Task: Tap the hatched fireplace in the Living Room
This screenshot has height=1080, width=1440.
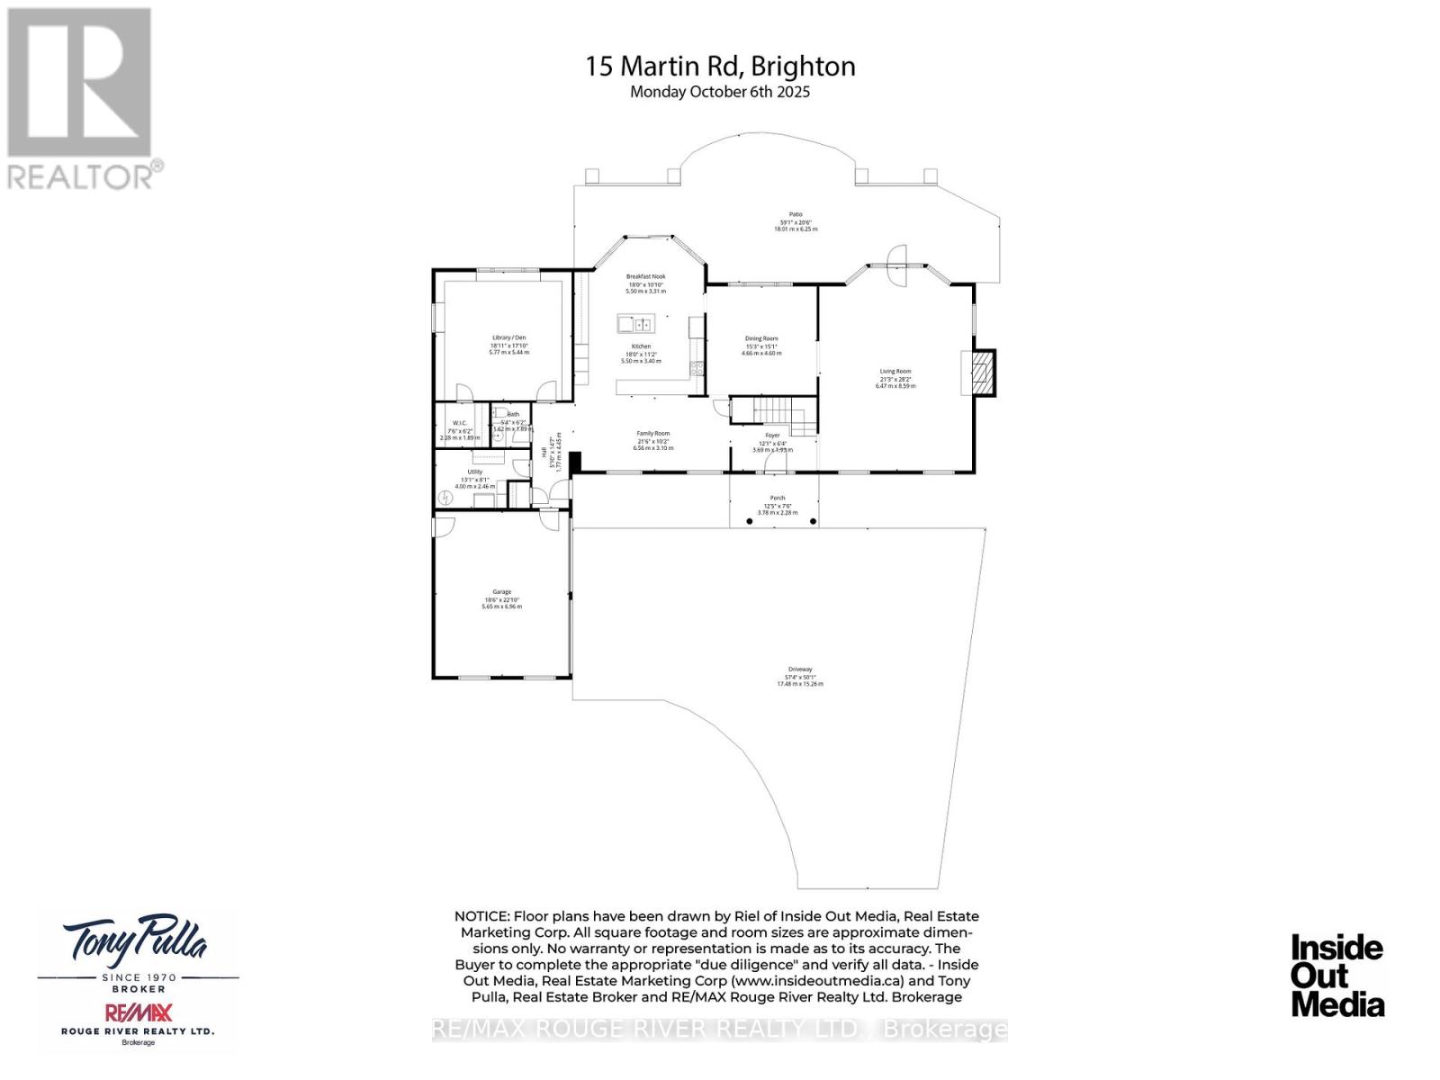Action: click(x=982, y=373)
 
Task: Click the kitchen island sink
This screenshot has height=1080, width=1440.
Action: click(x=643, y=324)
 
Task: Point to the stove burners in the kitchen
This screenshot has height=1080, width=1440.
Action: click(x=696, y=367)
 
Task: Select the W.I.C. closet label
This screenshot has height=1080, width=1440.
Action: click(x=459, y=423)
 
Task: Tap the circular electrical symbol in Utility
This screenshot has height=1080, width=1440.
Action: click(x=446, y=498)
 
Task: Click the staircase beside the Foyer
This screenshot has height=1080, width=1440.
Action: click(x=773, y=413)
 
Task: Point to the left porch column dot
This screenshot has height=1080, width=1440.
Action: click(x=750, y=521)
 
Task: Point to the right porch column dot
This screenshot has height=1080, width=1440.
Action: click(x=813, y=521)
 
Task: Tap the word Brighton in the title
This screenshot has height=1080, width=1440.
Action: click(x=803, y=66)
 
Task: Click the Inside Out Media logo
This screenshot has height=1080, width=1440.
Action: click(x=1336, y=976)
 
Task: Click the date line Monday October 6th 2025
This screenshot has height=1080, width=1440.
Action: click(x=720, y=92)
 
